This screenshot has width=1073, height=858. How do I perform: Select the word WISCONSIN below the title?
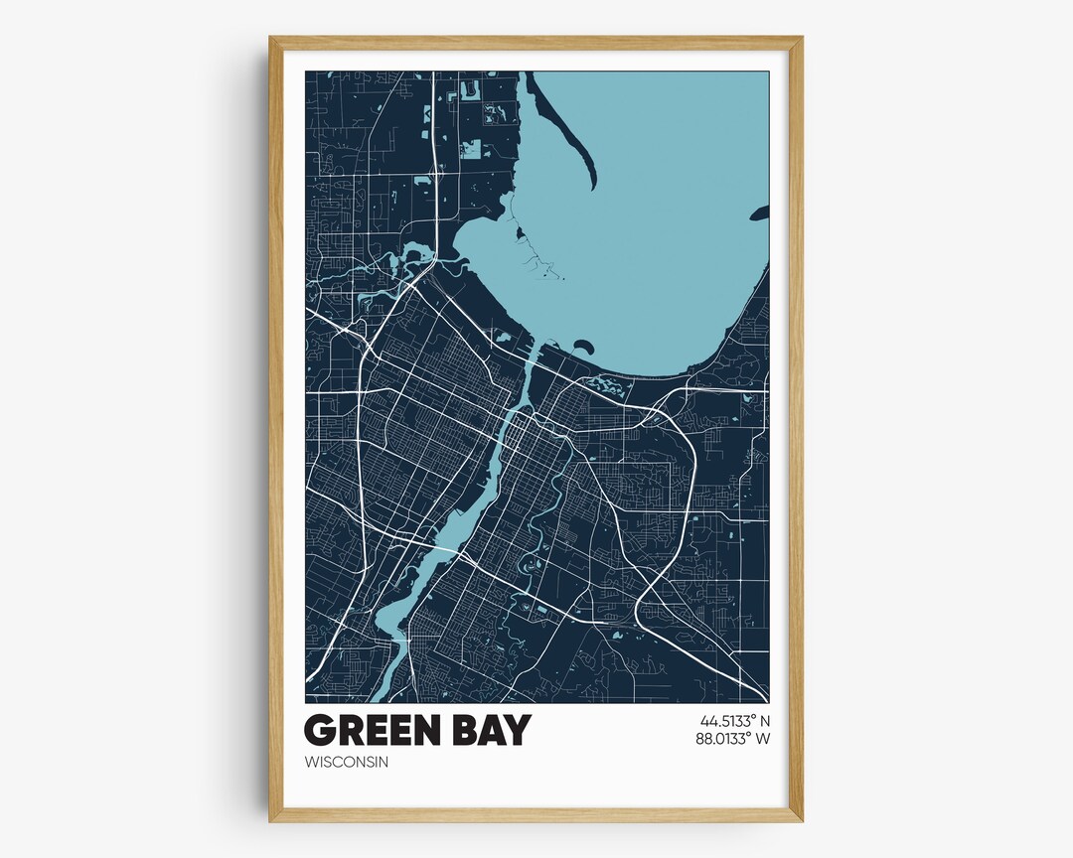[347, 763]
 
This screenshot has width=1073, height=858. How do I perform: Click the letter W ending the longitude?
[763, 738]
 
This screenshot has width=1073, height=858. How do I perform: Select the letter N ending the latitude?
[765, 721]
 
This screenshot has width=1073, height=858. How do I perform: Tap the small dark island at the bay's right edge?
[760, 213]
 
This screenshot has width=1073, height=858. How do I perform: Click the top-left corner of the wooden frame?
[271, 39]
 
